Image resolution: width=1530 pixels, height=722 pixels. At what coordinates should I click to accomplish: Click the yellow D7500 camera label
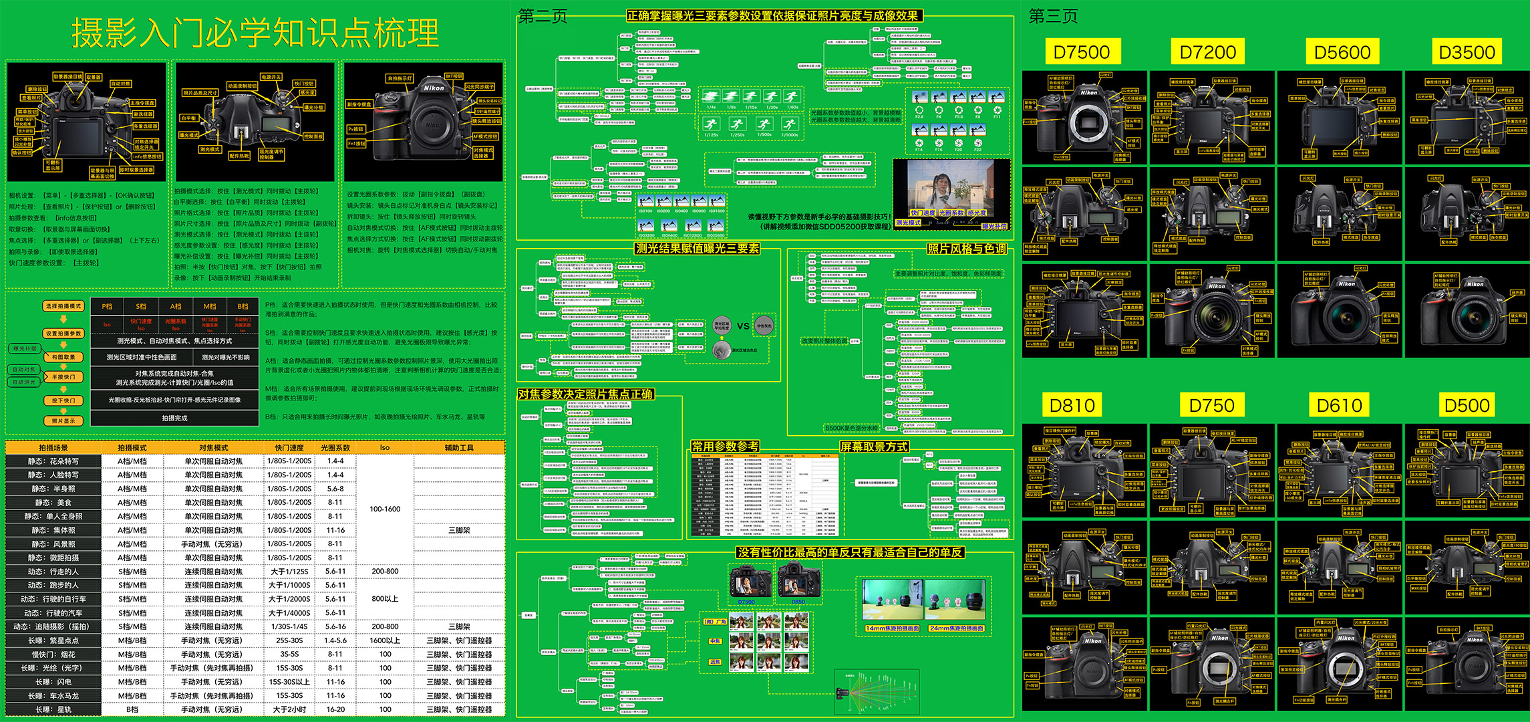tap(1081, 52)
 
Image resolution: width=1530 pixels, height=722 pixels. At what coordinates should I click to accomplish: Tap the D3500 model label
tap(1467, 52)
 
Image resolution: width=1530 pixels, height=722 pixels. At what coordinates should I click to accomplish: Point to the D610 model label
tap(1339, 405)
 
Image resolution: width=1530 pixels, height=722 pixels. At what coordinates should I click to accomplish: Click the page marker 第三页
tap(1053, 16)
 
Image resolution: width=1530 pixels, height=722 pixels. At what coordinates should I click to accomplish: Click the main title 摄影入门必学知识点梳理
tap(255, 32)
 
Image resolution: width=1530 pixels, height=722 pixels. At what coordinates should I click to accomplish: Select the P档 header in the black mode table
tap(107, 306)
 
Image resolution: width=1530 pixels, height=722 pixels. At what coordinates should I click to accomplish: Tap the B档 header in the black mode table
tap(243, 306)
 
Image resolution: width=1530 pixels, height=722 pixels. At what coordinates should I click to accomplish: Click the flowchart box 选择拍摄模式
tap(63, 306)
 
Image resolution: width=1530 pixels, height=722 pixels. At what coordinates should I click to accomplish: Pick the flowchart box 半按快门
tap(63, 377)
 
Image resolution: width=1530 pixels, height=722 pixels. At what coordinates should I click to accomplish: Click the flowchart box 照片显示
tap(63, 421)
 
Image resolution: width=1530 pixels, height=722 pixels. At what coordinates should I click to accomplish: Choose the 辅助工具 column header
tap(459, 448)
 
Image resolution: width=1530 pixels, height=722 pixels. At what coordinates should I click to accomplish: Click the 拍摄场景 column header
tap(53, 448)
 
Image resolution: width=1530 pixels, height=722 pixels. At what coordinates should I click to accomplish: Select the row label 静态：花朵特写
tap(53, 461)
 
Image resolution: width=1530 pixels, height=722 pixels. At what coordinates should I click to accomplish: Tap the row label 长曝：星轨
tap(53, 709)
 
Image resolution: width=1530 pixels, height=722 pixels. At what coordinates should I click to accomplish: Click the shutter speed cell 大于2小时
tap(289, 709)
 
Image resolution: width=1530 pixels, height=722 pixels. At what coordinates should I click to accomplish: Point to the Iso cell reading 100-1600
tap(385, 509)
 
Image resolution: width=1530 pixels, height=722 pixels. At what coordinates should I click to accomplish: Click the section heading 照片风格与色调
tap(966, 249)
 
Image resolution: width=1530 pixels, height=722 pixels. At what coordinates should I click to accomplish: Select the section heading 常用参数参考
tap(725, 446)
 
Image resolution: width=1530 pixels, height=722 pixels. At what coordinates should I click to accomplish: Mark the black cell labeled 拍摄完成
tap(174, 418)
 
